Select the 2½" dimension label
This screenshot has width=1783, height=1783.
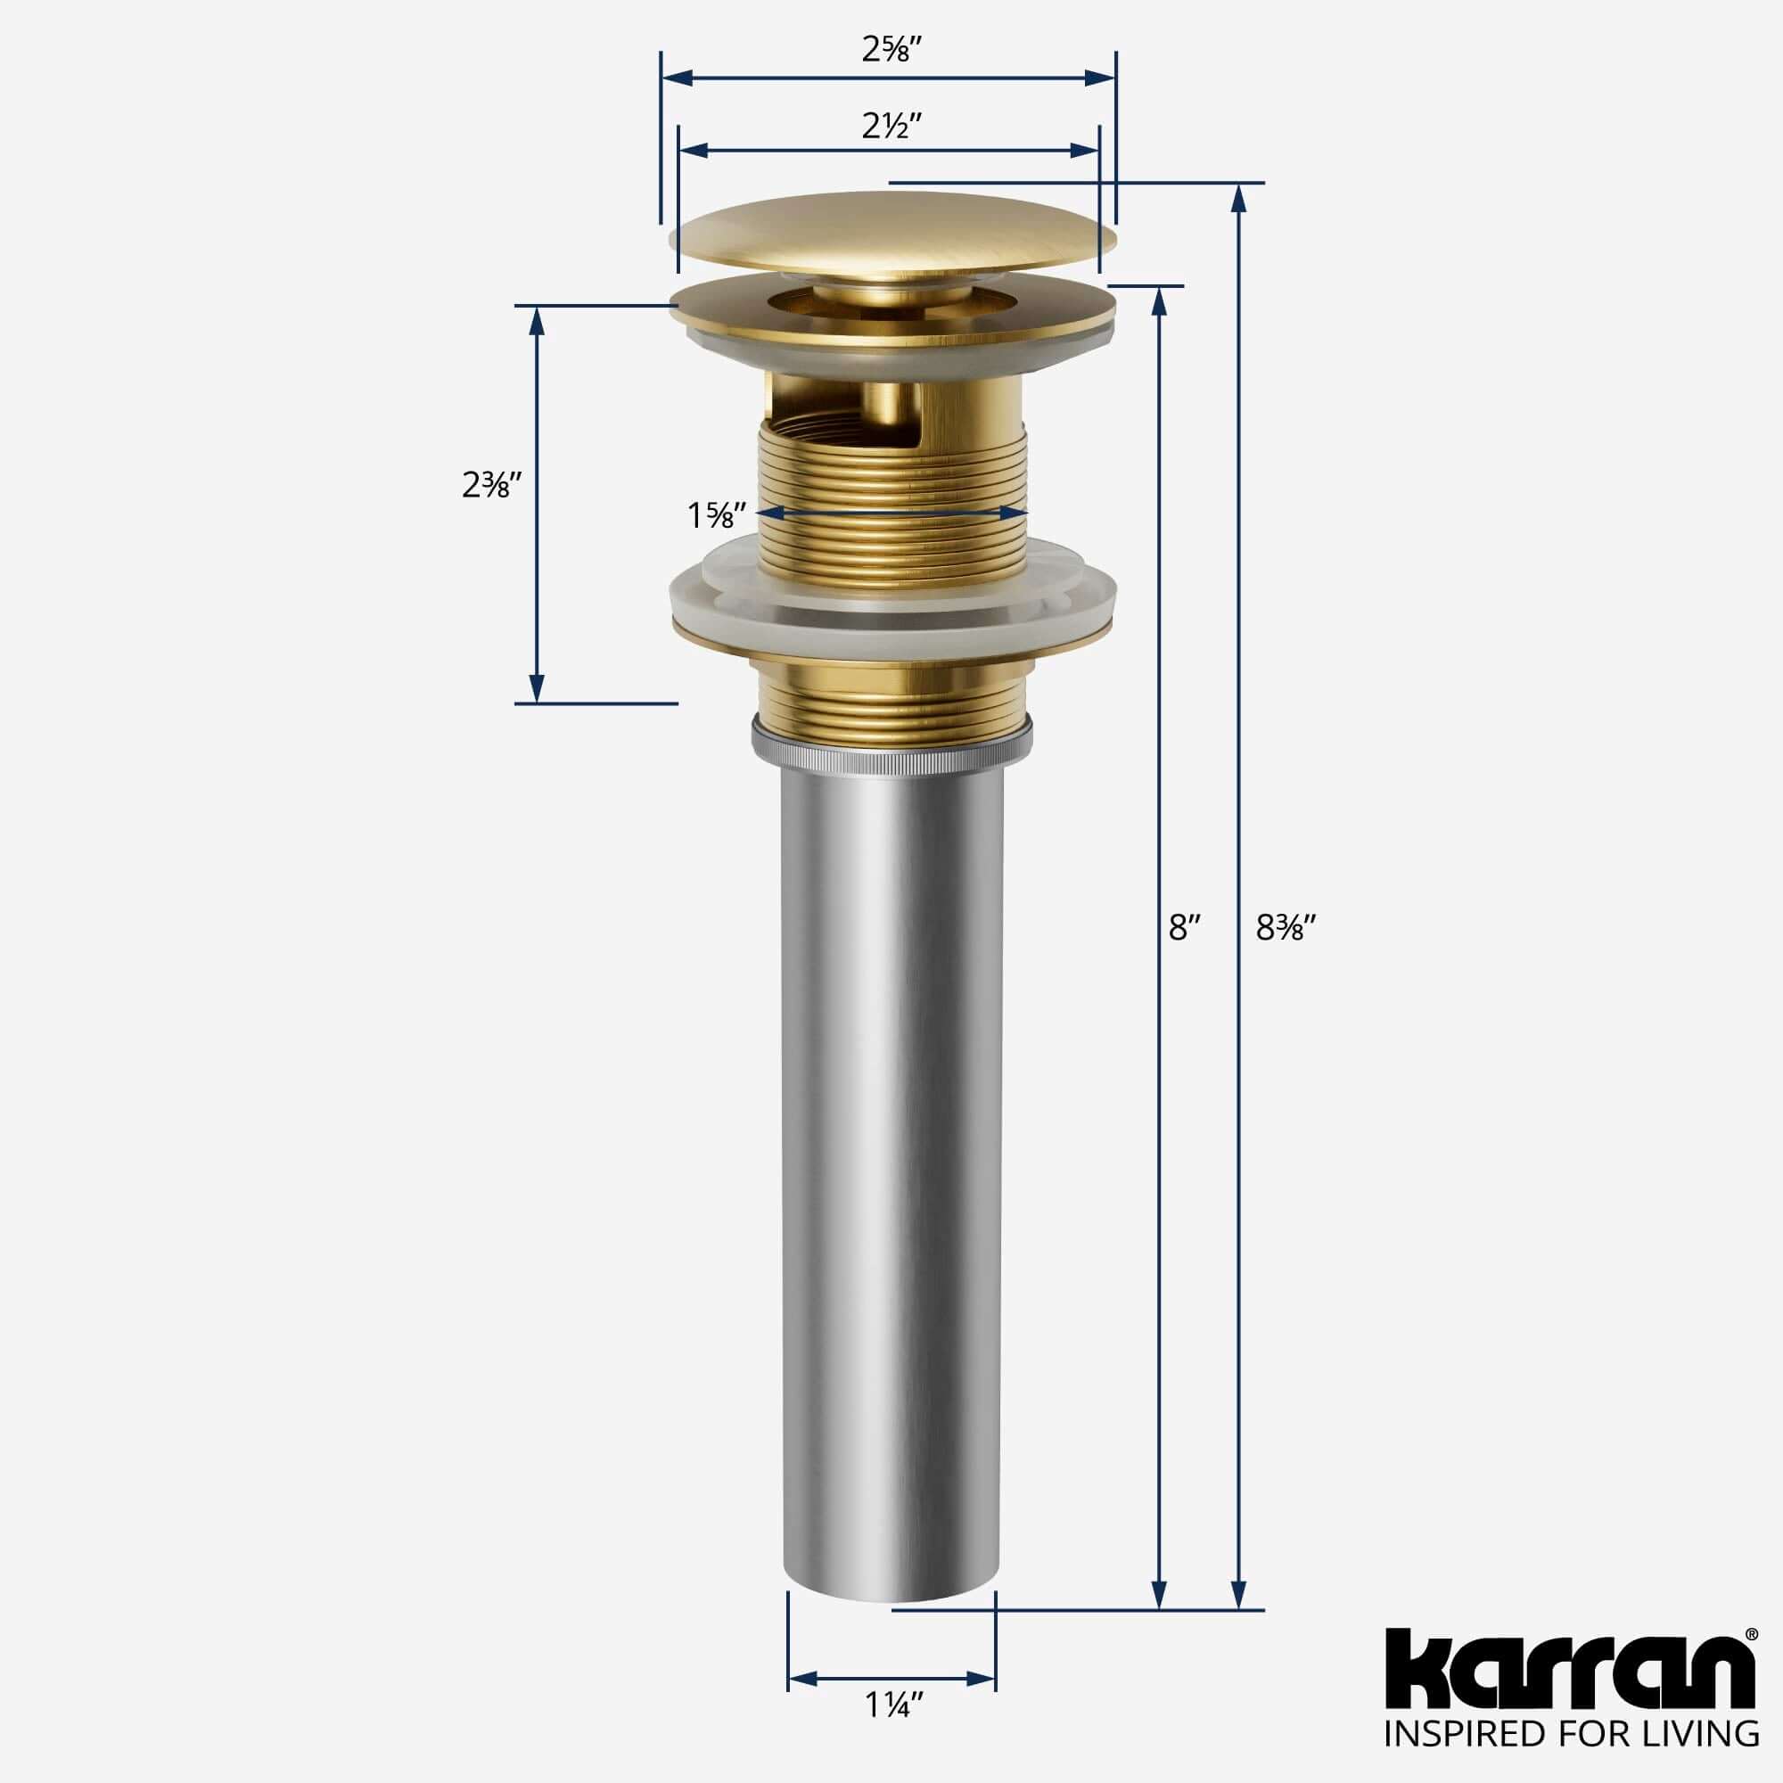coord(891,126)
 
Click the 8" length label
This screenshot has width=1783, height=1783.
coord(1184,928)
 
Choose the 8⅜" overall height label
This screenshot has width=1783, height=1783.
coord(1285,928)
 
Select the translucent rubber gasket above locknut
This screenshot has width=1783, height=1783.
coord(892,596)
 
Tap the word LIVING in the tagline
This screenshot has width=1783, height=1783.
coord(1707,1757)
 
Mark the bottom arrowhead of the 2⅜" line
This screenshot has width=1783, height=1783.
coord(536,688)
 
